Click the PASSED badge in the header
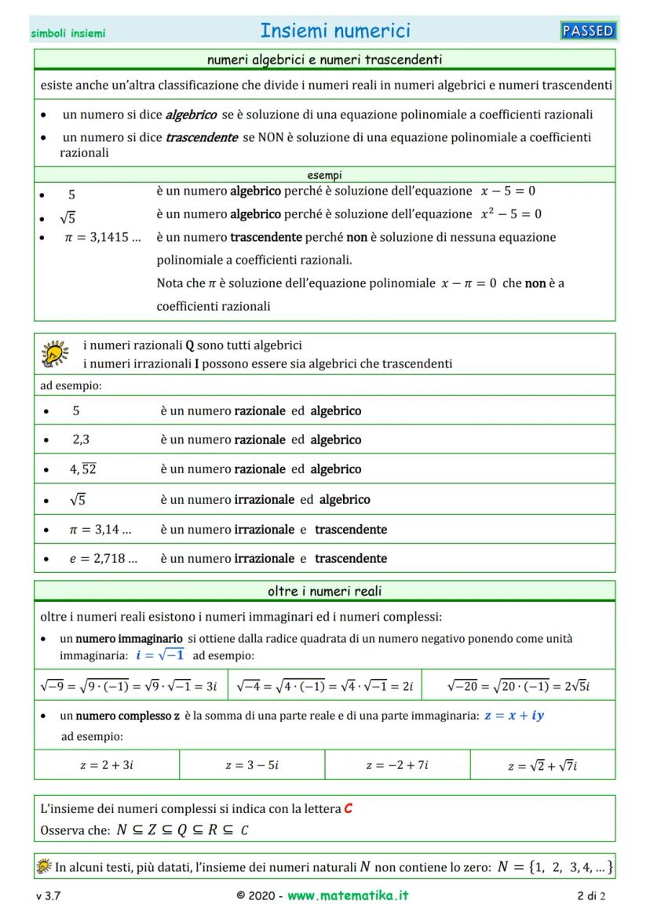tap(588, 31)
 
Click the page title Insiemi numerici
tap(335, 31)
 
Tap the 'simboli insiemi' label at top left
tap(68, 34)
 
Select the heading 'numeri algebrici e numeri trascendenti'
tap(324, 59)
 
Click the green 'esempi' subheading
tap(324, 175)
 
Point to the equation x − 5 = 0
tap(508, 191)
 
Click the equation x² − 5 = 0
tap(511, 214)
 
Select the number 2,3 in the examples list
tap(81, 440)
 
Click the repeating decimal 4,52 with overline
tap(82, 469)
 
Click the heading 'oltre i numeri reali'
tap(324, 591)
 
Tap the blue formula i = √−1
tap(160, 655)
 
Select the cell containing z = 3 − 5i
tap(252, 765)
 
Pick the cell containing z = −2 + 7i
tap(397, 765)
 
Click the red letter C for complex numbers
tap(348, 808)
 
